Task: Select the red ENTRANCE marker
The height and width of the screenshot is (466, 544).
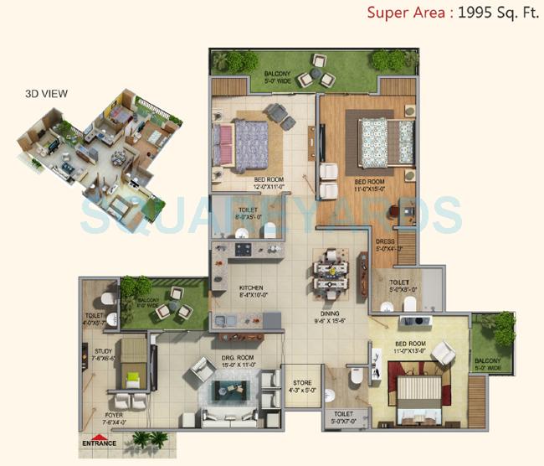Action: [x=99, y=442]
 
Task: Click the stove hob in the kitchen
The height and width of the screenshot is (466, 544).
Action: [x=244, y=250]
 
